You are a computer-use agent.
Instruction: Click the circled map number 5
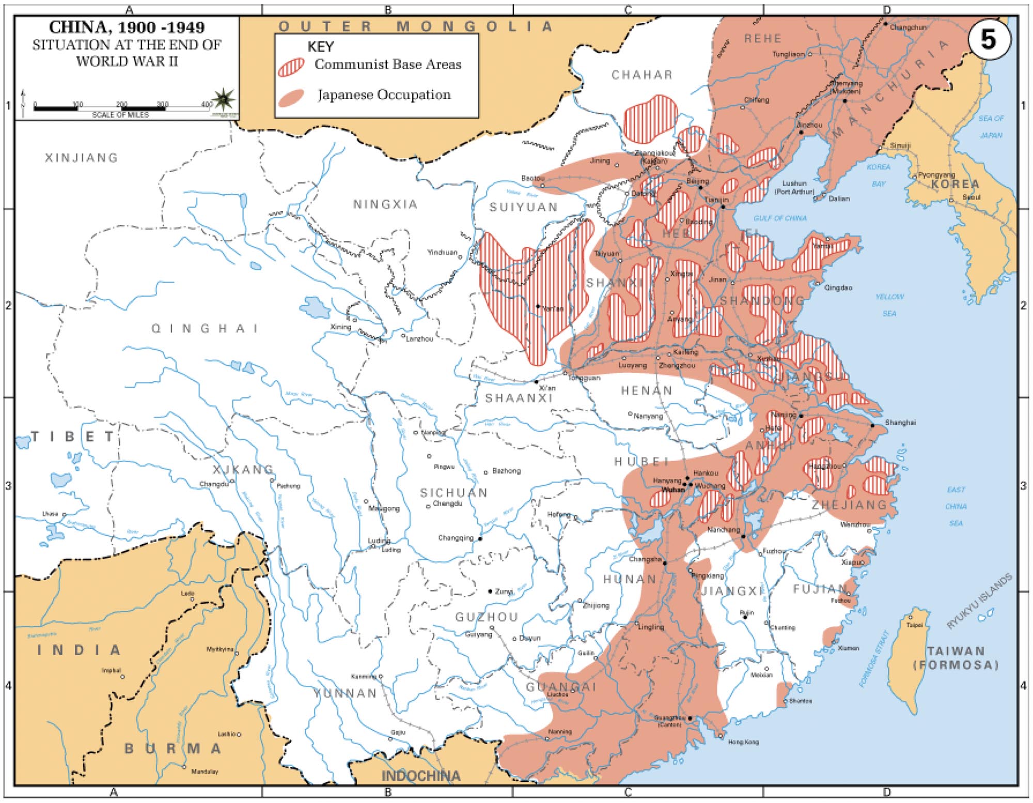[x=988, y=39]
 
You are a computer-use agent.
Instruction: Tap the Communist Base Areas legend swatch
[x=291, y=67]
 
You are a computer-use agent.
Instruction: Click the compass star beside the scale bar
[x=225, y=98]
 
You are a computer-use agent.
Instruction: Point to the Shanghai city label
[x=900, y=422]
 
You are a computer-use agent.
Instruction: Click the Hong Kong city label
[x=743, y=742]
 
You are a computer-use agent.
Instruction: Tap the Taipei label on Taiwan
[x=914, y=625]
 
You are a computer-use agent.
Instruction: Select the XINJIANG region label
[x=82, y=158]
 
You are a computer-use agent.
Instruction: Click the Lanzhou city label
[x=419, y=339]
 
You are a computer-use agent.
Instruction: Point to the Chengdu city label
[x=447, y=503]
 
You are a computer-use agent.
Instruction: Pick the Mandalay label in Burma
[x=205, y=771]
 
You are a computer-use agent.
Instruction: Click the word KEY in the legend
[x=320, y=47]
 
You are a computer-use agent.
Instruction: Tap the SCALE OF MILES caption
[x=120, y=115]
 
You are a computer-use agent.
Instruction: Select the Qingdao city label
[x=838, y=287]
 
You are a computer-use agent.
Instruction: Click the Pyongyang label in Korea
[x=936, y=175]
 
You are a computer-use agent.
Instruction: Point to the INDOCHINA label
[x=420, y=776]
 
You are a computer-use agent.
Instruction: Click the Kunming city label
[x=364, y=676]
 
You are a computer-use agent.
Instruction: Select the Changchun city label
[x=908, y=27]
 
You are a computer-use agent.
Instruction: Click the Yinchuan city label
[x=442, y=253]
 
